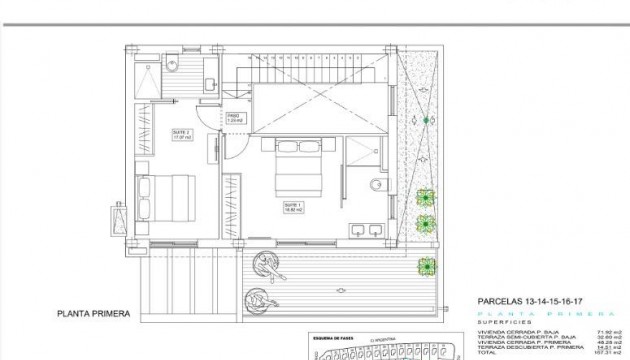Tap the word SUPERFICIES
(x=497, y=322)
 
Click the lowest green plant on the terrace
(x=428, y=266)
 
